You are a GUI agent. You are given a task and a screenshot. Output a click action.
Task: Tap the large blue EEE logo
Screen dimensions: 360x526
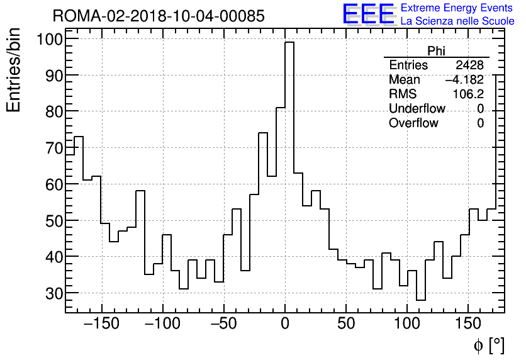[x=368, y=14]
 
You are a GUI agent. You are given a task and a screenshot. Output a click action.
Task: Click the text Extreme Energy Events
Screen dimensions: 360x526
[x=457, y=8]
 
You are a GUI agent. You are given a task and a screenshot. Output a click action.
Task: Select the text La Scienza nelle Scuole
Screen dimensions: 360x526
[x=457, y=21]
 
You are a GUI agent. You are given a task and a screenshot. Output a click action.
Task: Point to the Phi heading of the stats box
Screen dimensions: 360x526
[x=436, y=52]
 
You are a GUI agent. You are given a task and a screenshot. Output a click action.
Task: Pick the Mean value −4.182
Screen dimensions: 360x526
[x=464, y=80]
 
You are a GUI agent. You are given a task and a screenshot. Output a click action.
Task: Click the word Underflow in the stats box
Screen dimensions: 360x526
[x=417, y=109]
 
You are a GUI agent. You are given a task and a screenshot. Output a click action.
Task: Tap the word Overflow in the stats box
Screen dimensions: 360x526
[x=413, y=123]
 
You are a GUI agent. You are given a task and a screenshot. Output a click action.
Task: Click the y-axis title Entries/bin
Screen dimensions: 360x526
[x=14, y=70]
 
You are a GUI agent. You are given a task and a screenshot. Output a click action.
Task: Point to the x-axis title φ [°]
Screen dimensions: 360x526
[x=489, y=345]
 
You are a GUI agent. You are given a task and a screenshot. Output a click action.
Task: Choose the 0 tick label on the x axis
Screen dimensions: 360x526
[x=285, y=324]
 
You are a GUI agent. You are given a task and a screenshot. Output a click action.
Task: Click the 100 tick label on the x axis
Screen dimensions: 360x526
[x=407, y=324]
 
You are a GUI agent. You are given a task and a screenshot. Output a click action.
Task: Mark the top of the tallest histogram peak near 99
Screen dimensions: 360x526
[x=289, y=43]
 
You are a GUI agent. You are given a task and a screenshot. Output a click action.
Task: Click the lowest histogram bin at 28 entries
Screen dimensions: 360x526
[x=421, y=300]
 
